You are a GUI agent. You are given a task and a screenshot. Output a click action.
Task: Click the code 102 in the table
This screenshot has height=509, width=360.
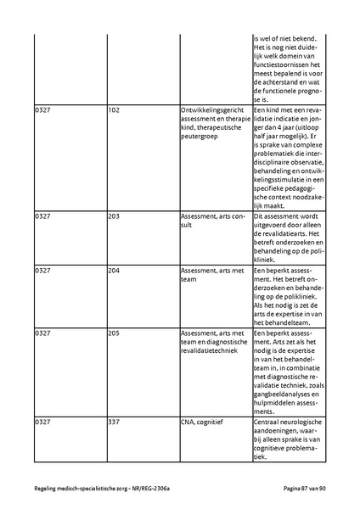(114, 111)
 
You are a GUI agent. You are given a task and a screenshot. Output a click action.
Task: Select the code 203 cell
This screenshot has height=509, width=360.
(114, 216)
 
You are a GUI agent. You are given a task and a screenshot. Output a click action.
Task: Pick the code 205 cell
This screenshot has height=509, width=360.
(114, 333)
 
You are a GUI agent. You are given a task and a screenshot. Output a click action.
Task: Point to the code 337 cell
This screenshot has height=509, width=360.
(114, 421)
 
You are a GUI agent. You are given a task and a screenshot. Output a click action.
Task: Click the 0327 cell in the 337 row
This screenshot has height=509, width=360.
(42, 421)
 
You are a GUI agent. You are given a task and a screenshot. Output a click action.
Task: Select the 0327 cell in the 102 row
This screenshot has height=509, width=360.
(42, 111)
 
